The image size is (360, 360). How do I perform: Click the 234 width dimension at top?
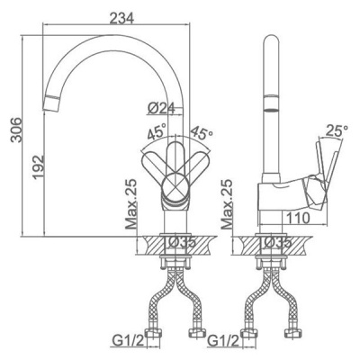(x=121, y=18)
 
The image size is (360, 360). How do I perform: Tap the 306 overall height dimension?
(x=15, y=130)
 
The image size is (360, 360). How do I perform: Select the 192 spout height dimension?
(x=39, y=167)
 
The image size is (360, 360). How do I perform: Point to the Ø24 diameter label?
(x=161, y=108)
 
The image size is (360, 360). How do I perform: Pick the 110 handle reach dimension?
(x=297, y=218)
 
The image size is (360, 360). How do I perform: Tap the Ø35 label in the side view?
(x=277, y=242)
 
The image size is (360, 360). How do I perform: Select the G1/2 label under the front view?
(x=128, y=341)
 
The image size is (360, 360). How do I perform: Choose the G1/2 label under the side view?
(x=224, y=341)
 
